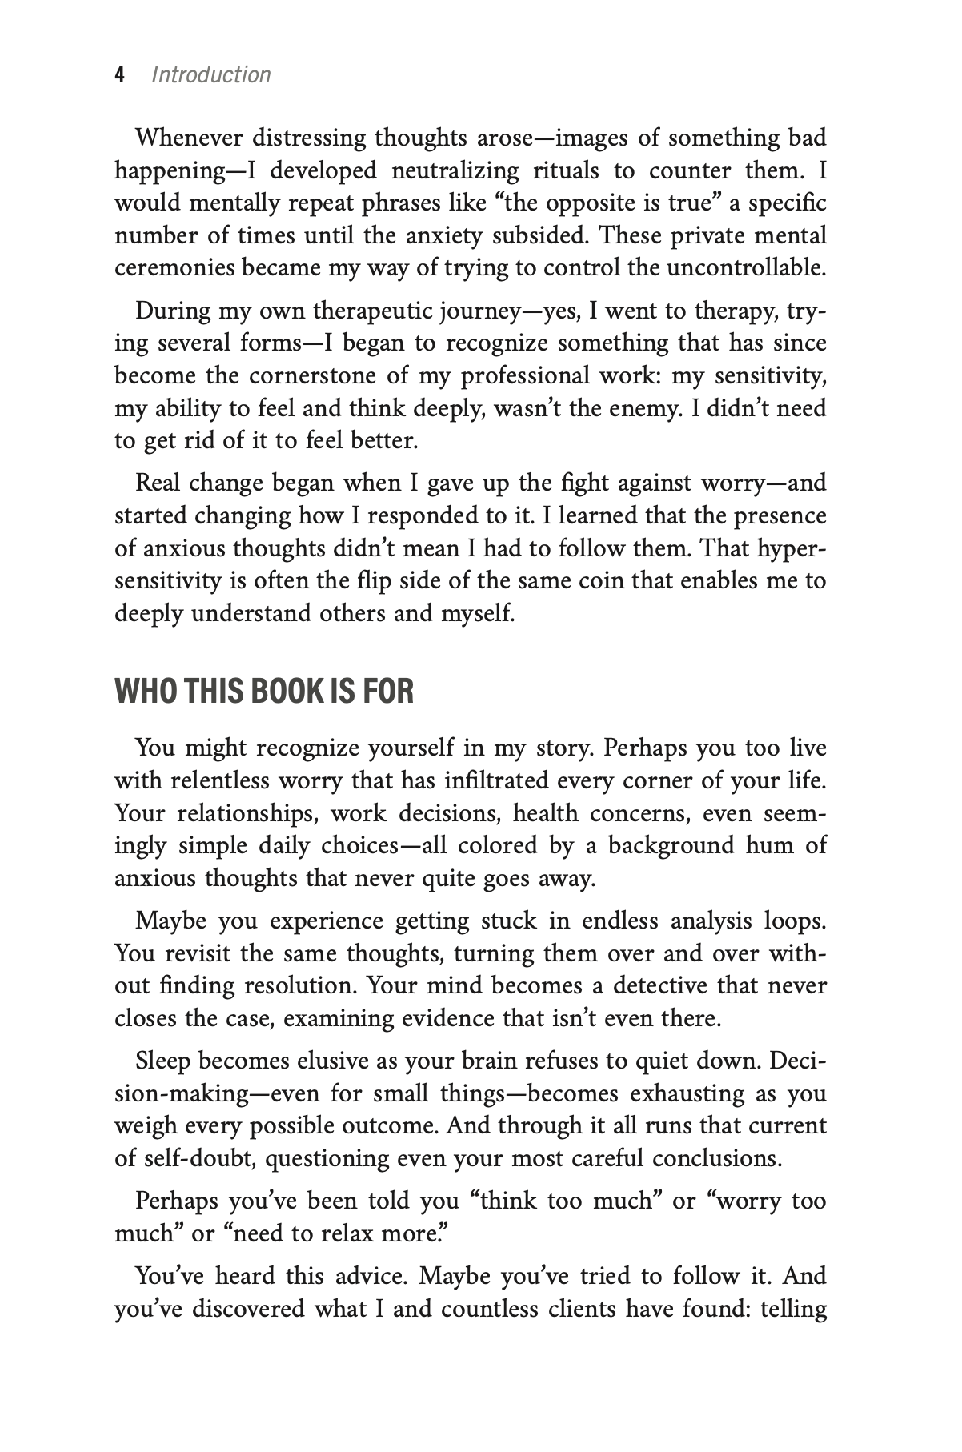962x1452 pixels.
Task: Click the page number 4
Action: [120, 75]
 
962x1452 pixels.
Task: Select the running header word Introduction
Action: [211, 75]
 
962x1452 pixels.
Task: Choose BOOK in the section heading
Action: [287, 692]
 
